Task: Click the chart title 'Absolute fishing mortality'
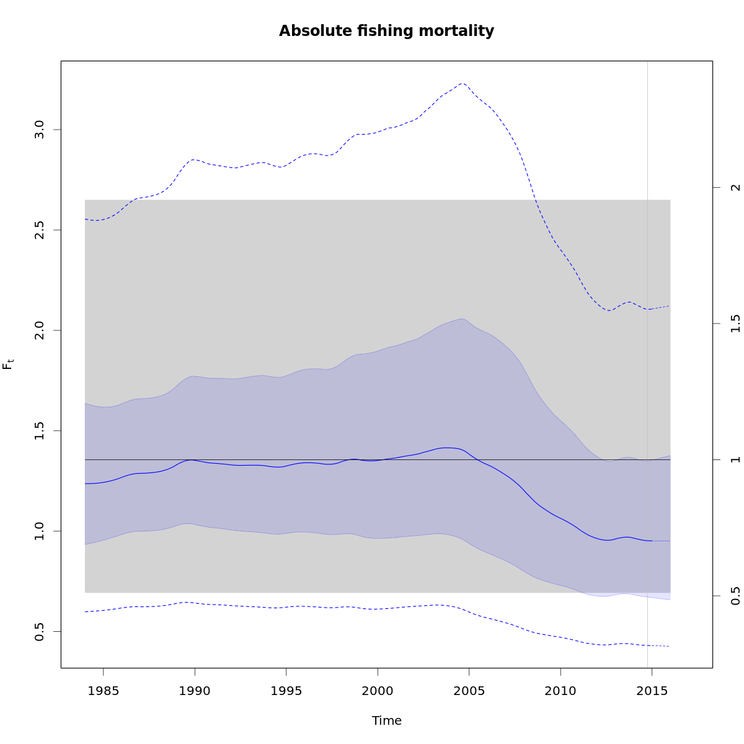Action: tap(386, 31)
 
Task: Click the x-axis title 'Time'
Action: tap(386, 720)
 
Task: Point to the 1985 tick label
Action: tap(103, 691)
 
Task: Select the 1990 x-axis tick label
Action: tap(195, 691)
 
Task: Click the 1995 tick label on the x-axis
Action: tap(286, 691)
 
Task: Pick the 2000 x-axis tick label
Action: tap(378, 691)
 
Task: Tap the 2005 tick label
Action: tap(469, 691)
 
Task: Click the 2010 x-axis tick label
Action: tap(560, 691)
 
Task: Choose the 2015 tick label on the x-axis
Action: tap(652, 691)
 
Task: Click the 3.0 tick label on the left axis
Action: tap(39, 130)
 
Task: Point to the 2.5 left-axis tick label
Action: tap(39, 230)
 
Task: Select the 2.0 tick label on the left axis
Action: tap(39, 330)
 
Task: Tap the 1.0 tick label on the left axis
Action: tap(39, 531)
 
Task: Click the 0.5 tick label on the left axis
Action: tap(39, 631)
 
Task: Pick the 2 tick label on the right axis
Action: tap(736, 187)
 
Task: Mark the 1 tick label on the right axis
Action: tap(736, 459)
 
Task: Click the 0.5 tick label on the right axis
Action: tap(736, 596)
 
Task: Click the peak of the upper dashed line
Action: tap(462, 83)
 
